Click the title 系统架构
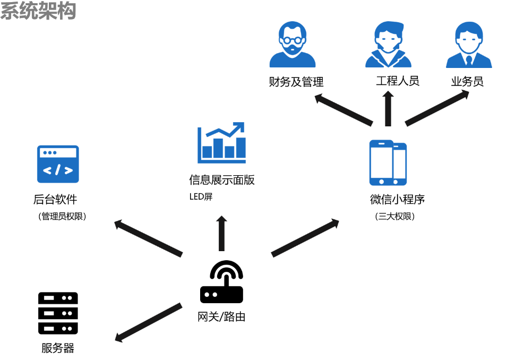click(x=38, y=11)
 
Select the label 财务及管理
click(x=296, y=82)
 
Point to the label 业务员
click(x=467, y=82)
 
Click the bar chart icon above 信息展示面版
click(x=222, y=143)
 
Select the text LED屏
click(x=201, y=197)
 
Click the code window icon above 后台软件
click(x=58, y=164)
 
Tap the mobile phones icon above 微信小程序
click(x=388, y=162)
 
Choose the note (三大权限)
click(x=394, y=217)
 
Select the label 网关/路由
click(x=221, y=318)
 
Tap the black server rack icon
click(x=58, y=313)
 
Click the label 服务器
click(x=58, y=349)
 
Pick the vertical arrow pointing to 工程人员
click(x=388, y=108)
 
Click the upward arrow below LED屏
click(x=221, y=233)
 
